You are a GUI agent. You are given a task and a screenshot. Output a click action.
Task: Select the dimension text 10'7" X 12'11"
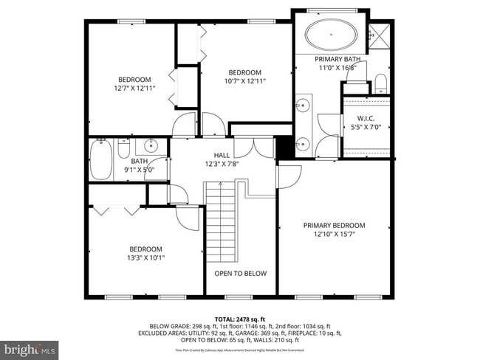coord(244,81)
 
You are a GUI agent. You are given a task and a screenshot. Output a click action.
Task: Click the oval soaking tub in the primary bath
coord(332,34)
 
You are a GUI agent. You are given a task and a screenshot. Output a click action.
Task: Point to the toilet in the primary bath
coord(380,81)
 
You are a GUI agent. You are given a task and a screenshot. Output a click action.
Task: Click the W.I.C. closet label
coord(367,118)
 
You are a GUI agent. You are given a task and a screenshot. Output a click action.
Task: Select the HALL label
coord(222,155)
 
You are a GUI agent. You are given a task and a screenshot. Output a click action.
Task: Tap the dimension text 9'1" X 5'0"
coord(140,170)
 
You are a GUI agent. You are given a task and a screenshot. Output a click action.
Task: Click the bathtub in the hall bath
coord(100,159)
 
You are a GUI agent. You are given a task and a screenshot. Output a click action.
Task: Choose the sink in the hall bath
coord(151,145)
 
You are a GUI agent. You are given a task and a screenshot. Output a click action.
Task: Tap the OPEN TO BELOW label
coord(240,274)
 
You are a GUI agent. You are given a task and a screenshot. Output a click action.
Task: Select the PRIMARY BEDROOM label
coord(334,226)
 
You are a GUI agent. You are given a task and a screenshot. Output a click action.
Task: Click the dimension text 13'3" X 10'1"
coord(145,258)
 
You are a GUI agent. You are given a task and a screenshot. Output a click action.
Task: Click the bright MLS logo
coord(30,347)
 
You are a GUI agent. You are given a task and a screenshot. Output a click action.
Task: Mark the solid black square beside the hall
coord(283,147)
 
